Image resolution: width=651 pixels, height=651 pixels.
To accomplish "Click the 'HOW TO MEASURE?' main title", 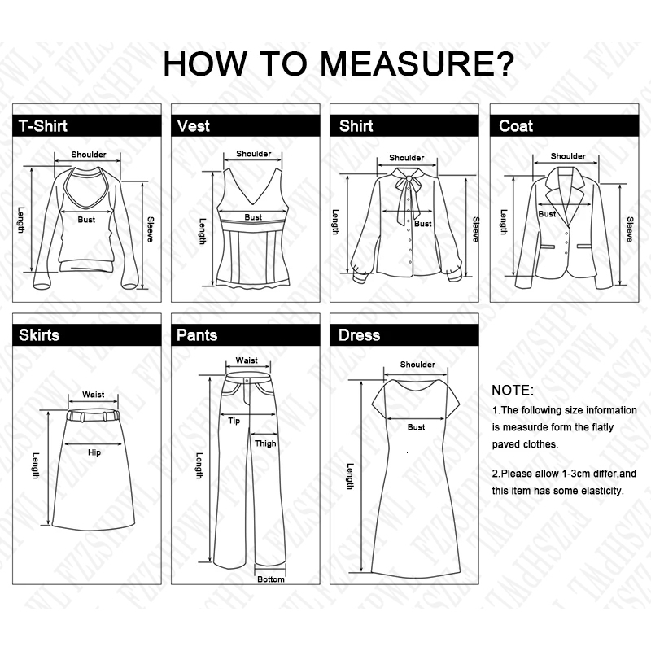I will [x=338, y=63].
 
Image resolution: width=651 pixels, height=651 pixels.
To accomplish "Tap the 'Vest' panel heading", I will [x=194, y=125].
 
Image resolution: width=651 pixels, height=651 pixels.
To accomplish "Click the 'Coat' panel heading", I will [x=516, y=125].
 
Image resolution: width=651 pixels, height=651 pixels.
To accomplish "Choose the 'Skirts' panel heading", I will [x=40, y=334].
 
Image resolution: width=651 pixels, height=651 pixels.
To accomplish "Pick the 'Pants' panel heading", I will [x=198, y=334].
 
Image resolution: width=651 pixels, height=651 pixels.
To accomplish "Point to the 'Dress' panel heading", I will [x=359, y=334].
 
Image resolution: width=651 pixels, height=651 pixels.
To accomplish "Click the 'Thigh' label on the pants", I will [x=265, y=443].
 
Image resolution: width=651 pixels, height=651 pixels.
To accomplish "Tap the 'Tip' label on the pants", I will [x=234, y=421].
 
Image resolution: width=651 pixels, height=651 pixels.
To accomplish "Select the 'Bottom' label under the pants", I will [x=271, y=579].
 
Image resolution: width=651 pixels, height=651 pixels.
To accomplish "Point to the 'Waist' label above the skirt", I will [x=93, y=395].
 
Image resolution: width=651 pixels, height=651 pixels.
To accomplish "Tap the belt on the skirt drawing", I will [x=93, y=415].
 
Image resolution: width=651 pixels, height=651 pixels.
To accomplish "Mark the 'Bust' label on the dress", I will [x=416, y=427].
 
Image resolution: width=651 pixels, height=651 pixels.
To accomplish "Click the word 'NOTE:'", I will [x=513, y=390].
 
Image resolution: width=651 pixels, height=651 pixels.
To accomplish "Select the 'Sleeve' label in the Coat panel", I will [x=629, y=229].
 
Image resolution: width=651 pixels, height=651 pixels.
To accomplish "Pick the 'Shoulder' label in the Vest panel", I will [x=254, y=154].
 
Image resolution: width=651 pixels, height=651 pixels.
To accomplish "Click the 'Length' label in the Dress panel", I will [x=350, y=477].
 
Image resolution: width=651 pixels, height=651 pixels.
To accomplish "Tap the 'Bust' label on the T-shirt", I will [x=86, y=219].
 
